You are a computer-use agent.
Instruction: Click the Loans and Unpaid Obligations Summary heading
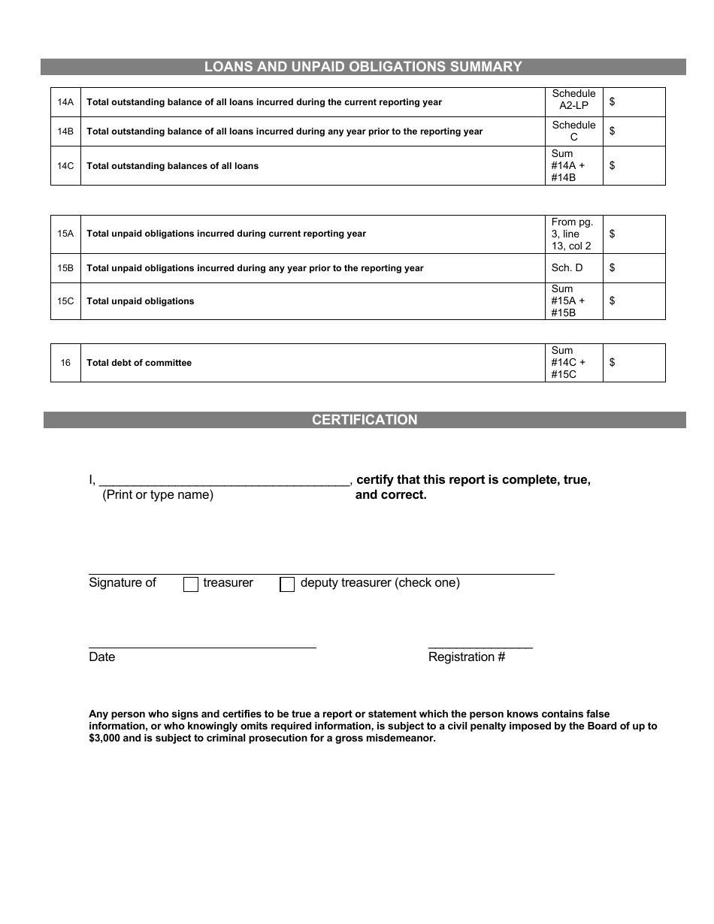click(x=363, y=67)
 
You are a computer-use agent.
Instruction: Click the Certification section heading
click(x=365, y=420)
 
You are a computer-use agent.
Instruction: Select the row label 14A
click(x=65, y=102)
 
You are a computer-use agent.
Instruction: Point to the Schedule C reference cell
click(x=573, y=131)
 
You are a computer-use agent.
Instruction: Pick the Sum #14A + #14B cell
click(x=573, y=166)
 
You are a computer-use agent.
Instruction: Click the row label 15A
click(x=65, y=234)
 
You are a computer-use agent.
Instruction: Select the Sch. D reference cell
click(x=573, y=267)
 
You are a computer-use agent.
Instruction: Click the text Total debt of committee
click(x=139, y=363)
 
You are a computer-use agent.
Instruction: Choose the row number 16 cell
click(x=65, y=363)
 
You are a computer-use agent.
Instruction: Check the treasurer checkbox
click(x=191, y=584)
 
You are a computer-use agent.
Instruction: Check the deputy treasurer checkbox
click(x=287, y=584)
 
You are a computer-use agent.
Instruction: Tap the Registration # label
click(x=467, y=657)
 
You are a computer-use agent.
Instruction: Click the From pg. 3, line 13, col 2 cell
click(x=573, y=234)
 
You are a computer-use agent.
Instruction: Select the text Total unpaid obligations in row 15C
click(x=141, y=301)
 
